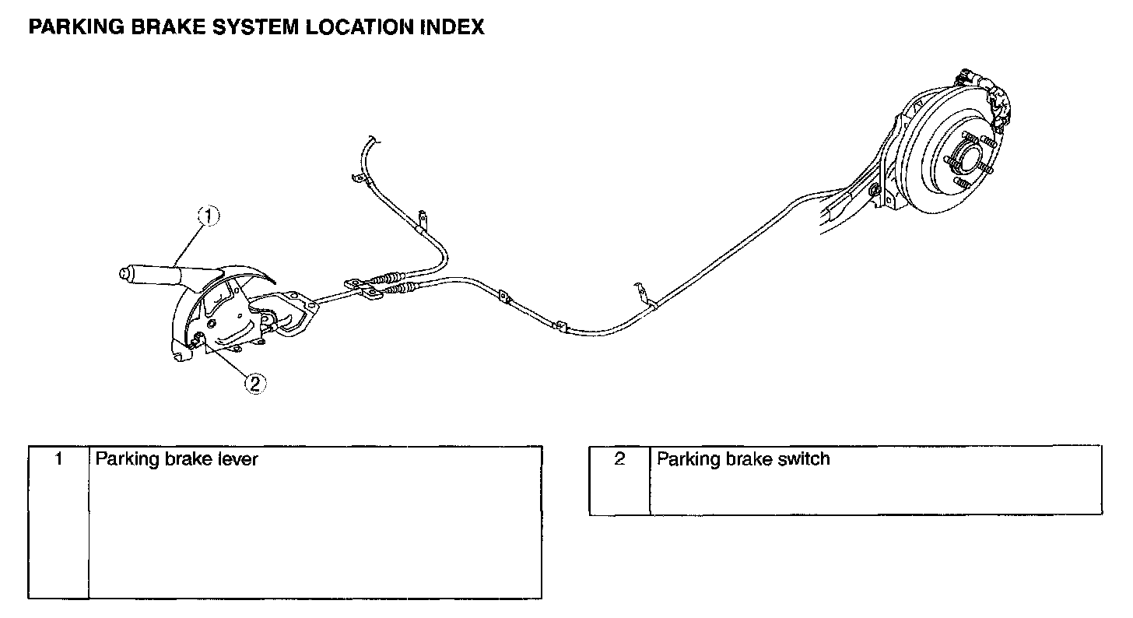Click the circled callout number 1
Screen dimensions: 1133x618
click(208, 216)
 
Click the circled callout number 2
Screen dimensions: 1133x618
click(255, 382)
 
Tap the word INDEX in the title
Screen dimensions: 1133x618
click(452, 27)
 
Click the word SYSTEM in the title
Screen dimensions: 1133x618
click(247, 27)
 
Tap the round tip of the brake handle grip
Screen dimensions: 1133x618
click(123, 273)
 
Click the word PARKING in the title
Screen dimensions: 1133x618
click(67, 27)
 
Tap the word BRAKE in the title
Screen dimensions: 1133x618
click(151, 27)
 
